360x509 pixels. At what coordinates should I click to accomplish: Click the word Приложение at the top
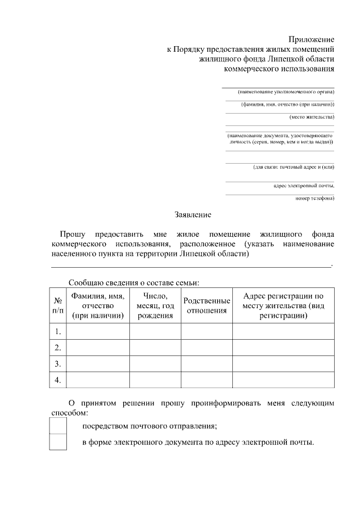pyautogui.click(x=312, y=39)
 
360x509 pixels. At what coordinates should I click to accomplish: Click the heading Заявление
pyautogui.click(x=193, y=214)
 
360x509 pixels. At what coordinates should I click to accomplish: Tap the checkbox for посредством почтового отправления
pyautogui.click(x=58, y=426)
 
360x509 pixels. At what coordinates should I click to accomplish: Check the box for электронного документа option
pyautogui.click(x=58, y=442)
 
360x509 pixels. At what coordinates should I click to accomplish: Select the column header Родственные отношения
pyautogui.click(x=206, y=305)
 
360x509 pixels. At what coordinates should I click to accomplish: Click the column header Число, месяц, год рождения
pyautogui.click(x=155, y=305)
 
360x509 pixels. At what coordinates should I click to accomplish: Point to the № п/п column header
pyautogui.click(x=58, y=305)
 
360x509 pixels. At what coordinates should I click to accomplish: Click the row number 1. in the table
pyautogui.click(x=58, y=331)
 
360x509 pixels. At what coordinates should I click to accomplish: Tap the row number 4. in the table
pyautogui.click(x=58, y=380)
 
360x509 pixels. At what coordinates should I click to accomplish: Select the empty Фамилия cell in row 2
pyautogui.click(x=98, y=348)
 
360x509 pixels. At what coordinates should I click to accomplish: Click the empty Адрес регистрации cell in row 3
pyautogui.click(x=283, y=364)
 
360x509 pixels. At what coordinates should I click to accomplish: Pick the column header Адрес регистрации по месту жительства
pyautogui.click(x=283, y=305)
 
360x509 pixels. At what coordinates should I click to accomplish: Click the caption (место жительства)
pyautogui.click(x=311, y=117)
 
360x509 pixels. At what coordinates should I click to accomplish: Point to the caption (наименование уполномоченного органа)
pyautogui.click(x=286, y=91)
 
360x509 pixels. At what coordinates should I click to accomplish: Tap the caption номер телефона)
pyautogui.click(x=314, y=198)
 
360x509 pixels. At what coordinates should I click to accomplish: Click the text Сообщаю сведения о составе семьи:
pyautogui.click(x=134, y=282)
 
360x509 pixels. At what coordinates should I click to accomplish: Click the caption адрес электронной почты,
pyautogui.click(x=304, y=185)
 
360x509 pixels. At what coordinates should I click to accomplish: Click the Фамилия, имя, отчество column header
pyautogui.click(x=98, y=305)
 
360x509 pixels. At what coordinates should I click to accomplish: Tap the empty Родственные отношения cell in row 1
pyautogui.click(x=206, y=331)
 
